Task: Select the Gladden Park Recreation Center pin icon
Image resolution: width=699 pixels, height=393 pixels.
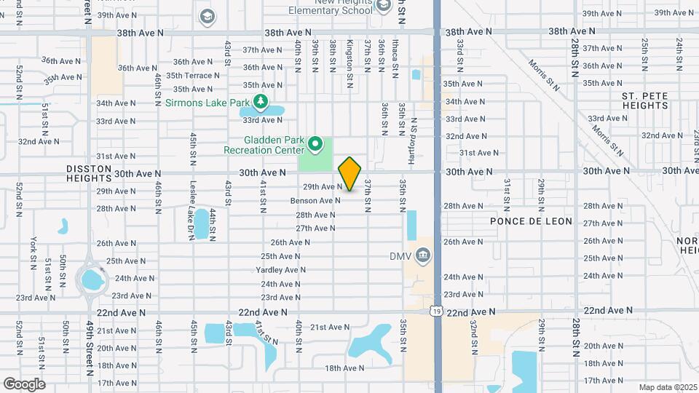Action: tap(315, 144)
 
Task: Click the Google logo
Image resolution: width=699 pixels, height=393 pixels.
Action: tap(24, 384)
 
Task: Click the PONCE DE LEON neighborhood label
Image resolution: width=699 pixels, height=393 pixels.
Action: tap(531, 221)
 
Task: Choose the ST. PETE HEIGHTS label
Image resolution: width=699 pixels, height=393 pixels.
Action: tap(645, 101)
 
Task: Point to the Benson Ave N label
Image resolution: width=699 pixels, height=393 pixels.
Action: tap(315, 200)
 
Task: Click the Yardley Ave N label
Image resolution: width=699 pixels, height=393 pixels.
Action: tap(282, 269)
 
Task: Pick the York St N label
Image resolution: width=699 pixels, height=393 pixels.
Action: tap(33, 250)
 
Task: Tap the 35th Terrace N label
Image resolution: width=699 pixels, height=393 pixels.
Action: tap(192, 75)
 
